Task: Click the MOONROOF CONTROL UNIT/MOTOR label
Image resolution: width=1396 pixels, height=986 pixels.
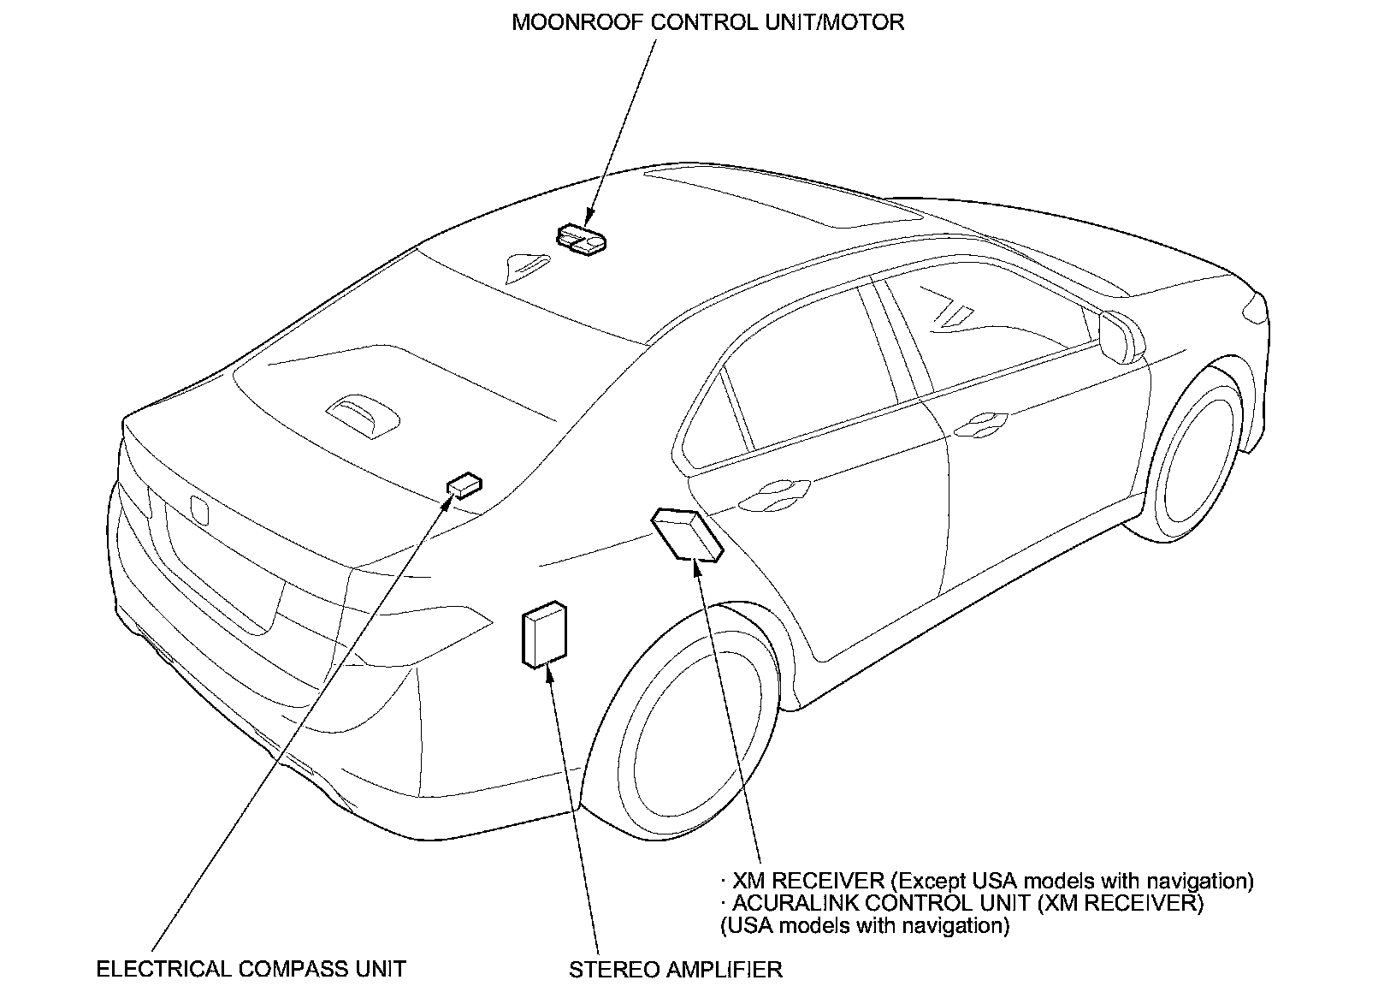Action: tap(707, 22)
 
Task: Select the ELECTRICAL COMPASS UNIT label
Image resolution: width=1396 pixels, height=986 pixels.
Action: tap(251, 969)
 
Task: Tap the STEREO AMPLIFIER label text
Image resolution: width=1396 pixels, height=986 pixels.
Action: tap(675, 969)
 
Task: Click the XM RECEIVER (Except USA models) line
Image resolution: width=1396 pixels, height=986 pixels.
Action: tap(987, 881)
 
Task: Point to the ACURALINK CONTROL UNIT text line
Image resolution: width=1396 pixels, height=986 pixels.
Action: tap(961, 903)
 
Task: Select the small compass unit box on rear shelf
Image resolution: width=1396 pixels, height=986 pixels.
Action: tap(464, 485)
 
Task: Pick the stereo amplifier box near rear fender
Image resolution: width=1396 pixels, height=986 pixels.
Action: tap(544, 634)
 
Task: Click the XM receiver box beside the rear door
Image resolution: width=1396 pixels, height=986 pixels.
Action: tap(688, 532)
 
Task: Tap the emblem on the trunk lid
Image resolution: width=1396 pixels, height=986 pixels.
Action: tap(199, 510)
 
